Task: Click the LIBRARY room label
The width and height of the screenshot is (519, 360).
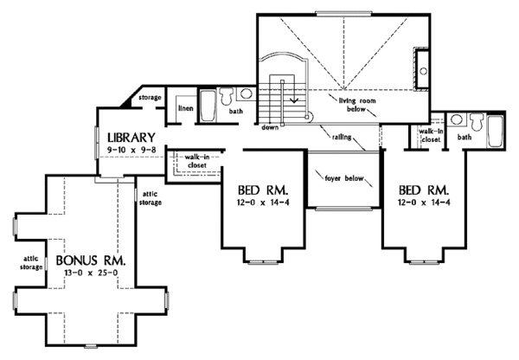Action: coord(131,137)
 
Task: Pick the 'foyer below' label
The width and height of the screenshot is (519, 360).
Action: coord(343,180)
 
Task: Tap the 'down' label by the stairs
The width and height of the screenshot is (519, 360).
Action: coord(270,126)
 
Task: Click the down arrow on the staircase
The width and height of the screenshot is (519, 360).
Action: coord(295,98)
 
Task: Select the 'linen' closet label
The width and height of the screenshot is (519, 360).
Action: coord(185,109)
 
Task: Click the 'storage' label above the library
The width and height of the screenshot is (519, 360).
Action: coord(151,99)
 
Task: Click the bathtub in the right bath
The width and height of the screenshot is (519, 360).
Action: coord(494,134)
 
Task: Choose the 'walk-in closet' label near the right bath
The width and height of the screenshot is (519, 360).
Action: coord(430,134)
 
